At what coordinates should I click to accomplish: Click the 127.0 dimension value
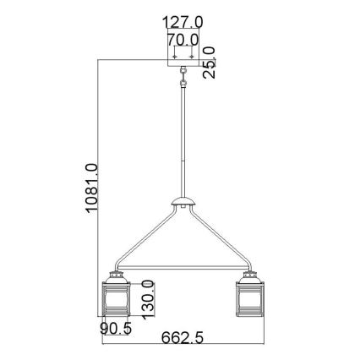click(185, 22)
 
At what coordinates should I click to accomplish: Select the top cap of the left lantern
click(116, 275)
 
